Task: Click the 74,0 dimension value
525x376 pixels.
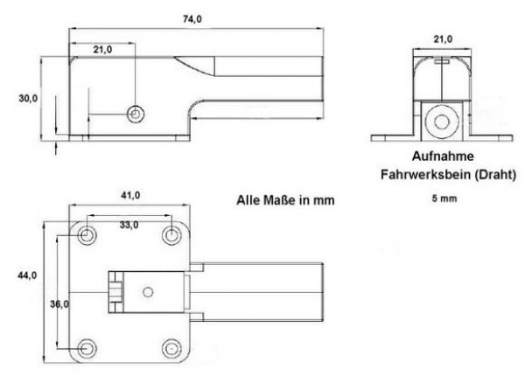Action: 192,19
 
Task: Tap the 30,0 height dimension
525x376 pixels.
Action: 28,98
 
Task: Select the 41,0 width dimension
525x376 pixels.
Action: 130,195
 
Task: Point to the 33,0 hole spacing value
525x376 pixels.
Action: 129,225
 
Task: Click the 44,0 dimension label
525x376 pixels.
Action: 27,275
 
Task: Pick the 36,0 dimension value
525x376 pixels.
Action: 59,303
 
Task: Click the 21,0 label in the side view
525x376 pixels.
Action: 102,50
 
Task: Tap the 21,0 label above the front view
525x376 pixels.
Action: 443,39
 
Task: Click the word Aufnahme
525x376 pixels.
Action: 443,157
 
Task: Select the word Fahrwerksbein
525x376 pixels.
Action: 425,175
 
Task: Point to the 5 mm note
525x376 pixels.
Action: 444,198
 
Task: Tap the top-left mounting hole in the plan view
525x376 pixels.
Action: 87,235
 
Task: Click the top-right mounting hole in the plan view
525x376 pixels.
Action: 171,235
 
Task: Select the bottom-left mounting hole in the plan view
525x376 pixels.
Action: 87,349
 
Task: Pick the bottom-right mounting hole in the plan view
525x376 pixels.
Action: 171,349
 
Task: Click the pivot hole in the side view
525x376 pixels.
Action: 136,115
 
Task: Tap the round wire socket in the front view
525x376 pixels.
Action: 442,121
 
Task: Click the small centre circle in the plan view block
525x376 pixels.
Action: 148,292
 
